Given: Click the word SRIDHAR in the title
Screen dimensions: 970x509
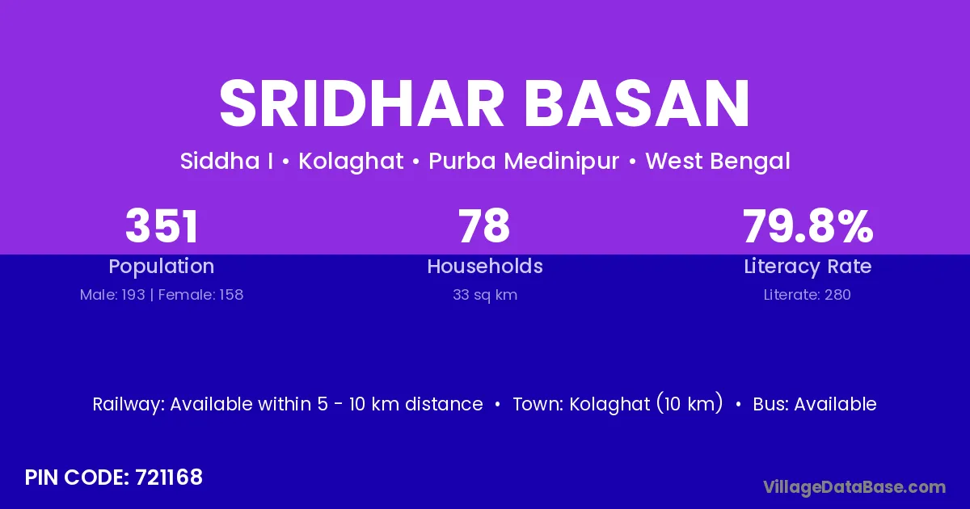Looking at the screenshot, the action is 361,103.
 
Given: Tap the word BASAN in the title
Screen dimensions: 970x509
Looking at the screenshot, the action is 637,103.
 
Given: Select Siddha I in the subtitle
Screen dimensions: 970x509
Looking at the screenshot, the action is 226,161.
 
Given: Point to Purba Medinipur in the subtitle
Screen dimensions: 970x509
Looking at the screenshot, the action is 524,161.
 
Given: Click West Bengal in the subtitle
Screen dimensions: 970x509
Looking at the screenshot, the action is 718,162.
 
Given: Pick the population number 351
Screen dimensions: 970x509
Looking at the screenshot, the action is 162,226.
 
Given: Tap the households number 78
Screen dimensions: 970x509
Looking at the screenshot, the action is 484,226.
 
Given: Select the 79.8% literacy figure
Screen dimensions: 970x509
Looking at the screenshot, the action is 808,226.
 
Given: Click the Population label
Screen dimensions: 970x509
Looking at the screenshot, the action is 162,267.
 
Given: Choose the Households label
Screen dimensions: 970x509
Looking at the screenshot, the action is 485,266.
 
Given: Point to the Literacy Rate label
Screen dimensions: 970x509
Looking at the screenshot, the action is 808,267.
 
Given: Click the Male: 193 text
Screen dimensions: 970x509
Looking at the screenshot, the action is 112,295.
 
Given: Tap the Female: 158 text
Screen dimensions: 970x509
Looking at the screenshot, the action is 201,295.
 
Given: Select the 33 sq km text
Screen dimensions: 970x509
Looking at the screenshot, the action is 485,295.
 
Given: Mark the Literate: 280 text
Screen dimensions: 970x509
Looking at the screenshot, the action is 808,295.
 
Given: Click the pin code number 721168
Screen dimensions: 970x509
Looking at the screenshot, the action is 169,477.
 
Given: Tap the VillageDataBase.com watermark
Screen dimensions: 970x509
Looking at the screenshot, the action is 854,487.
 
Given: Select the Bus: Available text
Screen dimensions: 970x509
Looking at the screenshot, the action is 815,404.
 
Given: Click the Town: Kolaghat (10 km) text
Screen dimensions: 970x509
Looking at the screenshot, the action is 618,404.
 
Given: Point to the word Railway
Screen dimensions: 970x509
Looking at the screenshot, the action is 129,405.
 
